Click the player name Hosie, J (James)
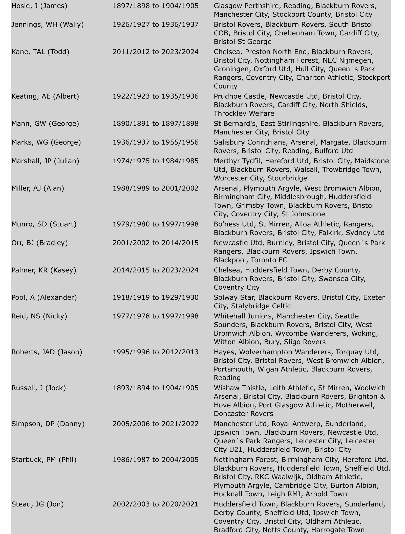pos(39,6)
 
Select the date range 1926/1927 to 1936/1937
pos(156,25)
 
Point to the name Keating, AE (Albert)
pos(45,96)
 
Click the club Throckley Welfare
pos(244,113)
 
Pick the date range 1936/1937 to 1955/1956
pos(156,142)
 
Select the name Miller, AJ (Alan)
pos(38,188)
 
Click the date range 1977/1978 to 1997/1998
pos(156,316)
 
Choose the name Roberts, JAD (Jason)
pos(47,352)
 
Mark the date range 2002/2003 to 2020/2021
pos(156,504)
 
